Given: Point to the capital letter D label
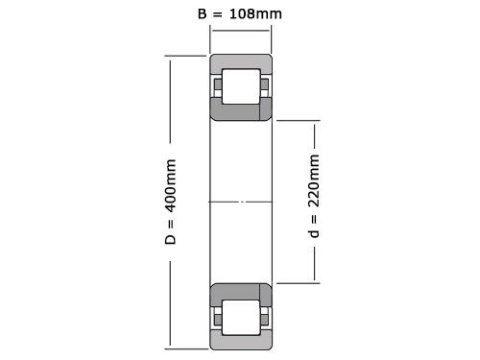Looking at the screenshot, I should tap(171, 236).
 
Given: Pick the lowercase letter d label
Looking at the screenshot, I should tap(312, 233).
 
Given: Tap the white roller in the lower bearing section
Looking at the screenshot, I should tap(240, 316).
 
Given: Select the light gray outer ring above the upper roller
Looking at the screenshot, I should tap(241, 64).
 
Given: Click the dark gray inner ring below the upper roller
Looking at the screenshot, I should tap(241, 111).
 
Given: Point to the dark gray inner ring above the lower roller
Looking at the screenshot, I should tap(241, 292).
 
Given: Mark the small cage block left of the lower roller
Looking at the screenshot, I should tap(218, 316).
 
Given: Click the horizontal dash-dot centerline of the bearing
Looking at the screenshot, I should tap(241, 202).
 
